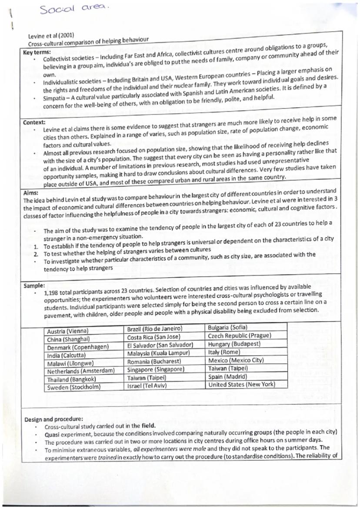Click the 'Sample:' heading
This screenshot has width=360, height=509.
(x=34, y=286)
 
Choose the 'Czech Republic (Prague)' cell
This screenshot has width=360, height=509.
(x=240, y=335)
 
